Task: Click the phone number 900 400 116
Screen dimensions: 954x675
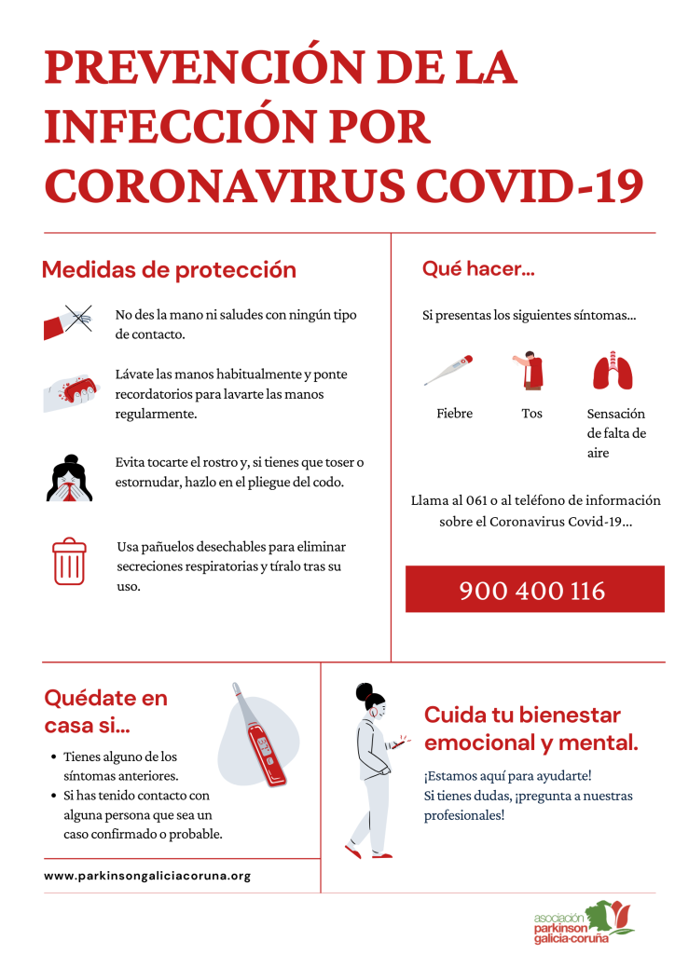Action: (x=532, y=591)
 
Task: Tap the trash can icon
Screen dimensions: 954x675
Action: (x=69, y=562)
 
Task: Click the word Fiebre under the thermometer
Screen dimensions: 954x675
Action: (x=455, y=414)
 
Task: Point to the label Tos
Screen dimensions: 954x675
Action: (x=531, y=414)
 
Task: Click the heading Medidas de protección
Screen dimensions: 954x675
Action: (x=169, y=270)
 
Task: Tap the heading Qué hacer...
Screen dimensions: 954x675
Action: (x=478, y=269)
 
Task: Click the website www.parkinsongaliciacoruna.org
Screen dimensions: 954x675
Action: (x=147, y=876)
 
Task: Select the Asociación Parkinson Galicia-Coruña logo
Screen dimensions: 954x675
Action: (x=584, y=920)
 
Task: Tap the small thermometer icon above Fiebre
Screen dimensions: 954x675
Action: (x=448, y=370)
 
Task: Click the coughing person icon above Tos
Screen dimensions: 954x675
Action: (x=530, y=371)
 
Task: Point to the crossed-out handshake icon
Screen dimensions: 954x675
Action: (x=68, y=321)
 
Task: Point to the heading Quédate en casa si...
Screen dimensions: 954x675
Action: (x=106, y=712)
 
